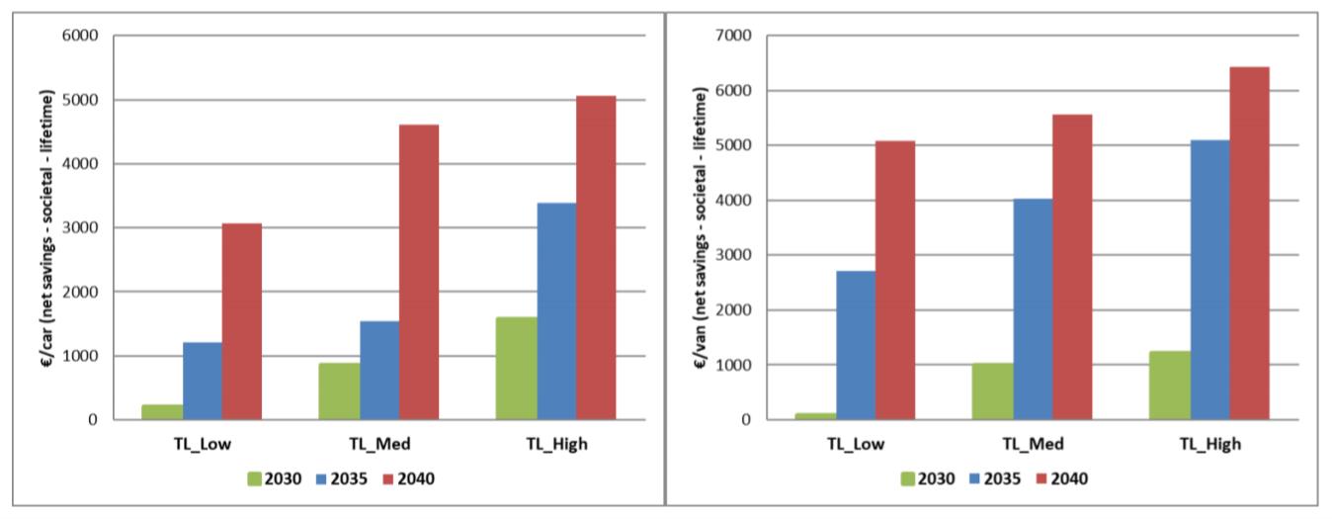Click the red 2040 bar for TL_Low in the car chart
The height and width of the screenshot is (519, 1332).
point(241,321)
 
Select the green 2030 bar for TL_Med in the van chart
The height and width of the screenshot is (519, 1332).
point(991,390)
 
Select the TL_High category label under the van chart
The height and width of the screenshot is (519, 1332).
point(1209,443)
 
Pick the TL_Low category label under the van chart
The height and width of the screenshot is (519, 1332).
point(856,443)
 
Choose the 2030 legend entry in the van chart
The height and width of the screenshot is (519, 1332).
point(927,478)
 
